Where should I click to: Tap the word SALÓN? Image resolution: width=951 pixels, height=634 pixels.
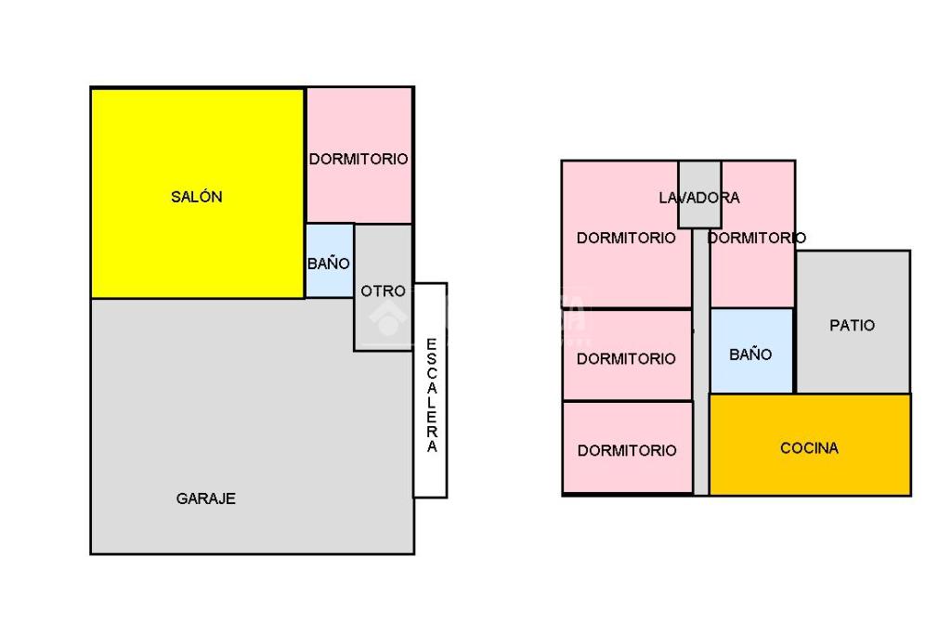point(197,197)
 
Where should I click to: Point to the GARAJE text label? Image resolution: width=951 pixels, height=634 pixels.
point(206,498)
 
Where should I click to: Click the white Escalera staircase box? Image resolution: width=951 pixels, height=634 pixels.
point(431,390)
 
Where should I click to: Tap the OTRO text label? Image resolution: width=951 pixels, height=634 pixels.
point(383,291)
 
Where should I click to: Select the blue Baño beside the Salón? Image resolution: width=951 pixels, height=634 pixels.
point(329,262)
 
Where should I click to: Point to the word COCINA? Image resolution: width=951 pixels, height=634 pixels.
point(809,448)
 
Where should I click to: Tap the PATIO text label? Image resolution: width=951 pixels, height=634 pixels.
point(852,326)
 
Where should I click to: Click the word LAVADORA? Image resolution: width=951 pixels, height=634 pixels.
point(699,198)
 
